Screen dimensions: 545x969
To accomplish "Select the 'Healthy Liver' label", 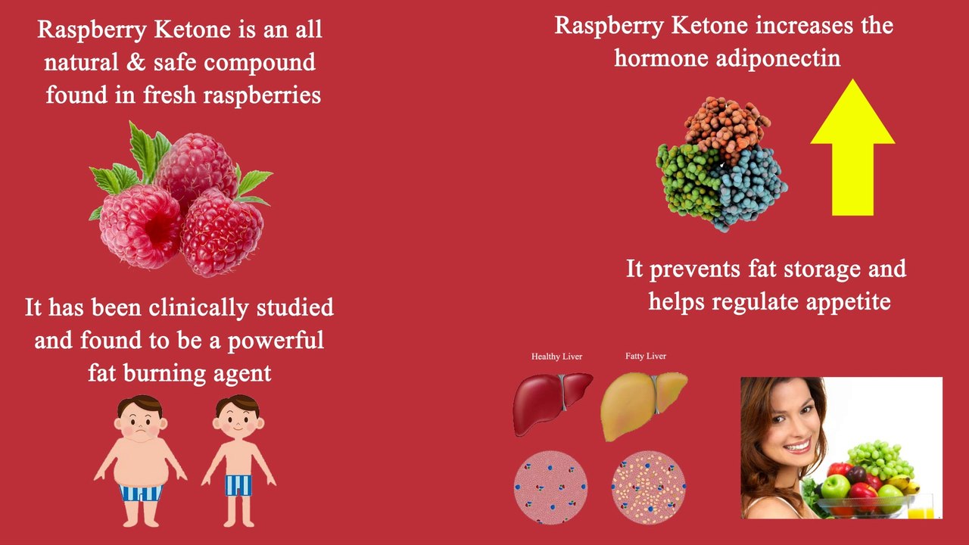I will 556,357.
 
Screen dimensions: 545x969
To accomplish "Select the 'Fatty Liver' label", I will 646,356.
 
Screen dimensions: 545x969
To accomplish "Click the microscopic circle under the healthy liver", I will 550,487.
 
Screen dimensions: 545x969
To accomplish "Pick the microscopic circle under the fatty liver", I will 648,487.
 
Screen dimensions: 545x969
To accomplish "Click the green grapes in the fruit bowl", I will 878,458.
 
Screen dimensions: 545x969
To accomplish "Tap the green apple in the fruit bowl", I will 835,485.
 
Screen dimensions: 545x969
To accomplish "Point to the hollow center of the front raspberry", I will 157,227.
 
